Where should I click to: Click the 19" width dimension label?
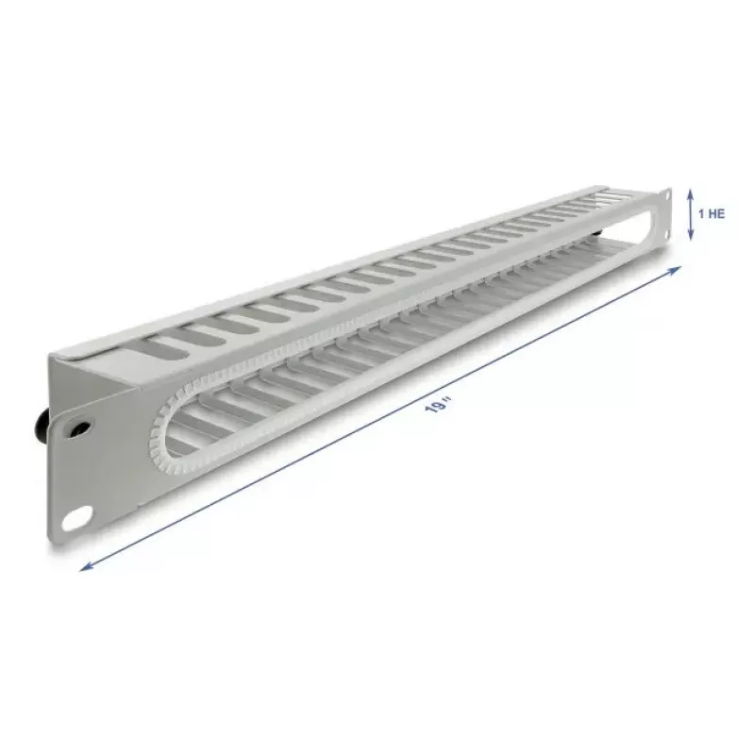pyautogui.click(x=438, y=406)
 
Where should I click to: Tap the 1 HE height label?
pyautogui.click(x=712, y=214)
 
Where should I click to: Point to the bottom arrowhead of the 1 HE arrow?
pyautogui.click(x=691, y=235)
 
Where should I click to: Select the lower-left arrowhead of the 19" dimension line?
pyautogui.click(x=86, y=567)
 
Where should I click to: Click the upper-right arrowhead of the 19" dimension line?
pyautogui.click(x=676, y=269)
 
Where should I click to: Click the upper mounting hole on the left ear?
pyautogui.click(x=79, y=428)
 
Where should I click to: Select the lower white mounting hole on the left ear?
pyautogui.click(x=77, y=517)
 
